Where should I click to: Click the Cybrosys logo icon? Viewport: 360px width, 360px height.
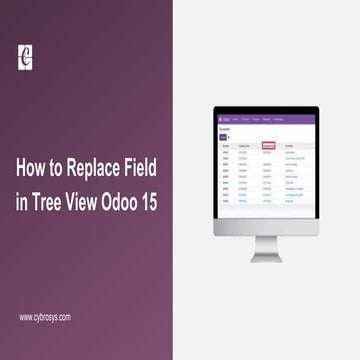click(26, 57)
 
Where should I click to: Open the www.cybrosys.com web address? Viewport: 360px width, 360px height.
click(45, 317)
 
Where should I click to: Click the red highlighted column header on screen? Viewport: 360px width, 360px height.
click(268, 146)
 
